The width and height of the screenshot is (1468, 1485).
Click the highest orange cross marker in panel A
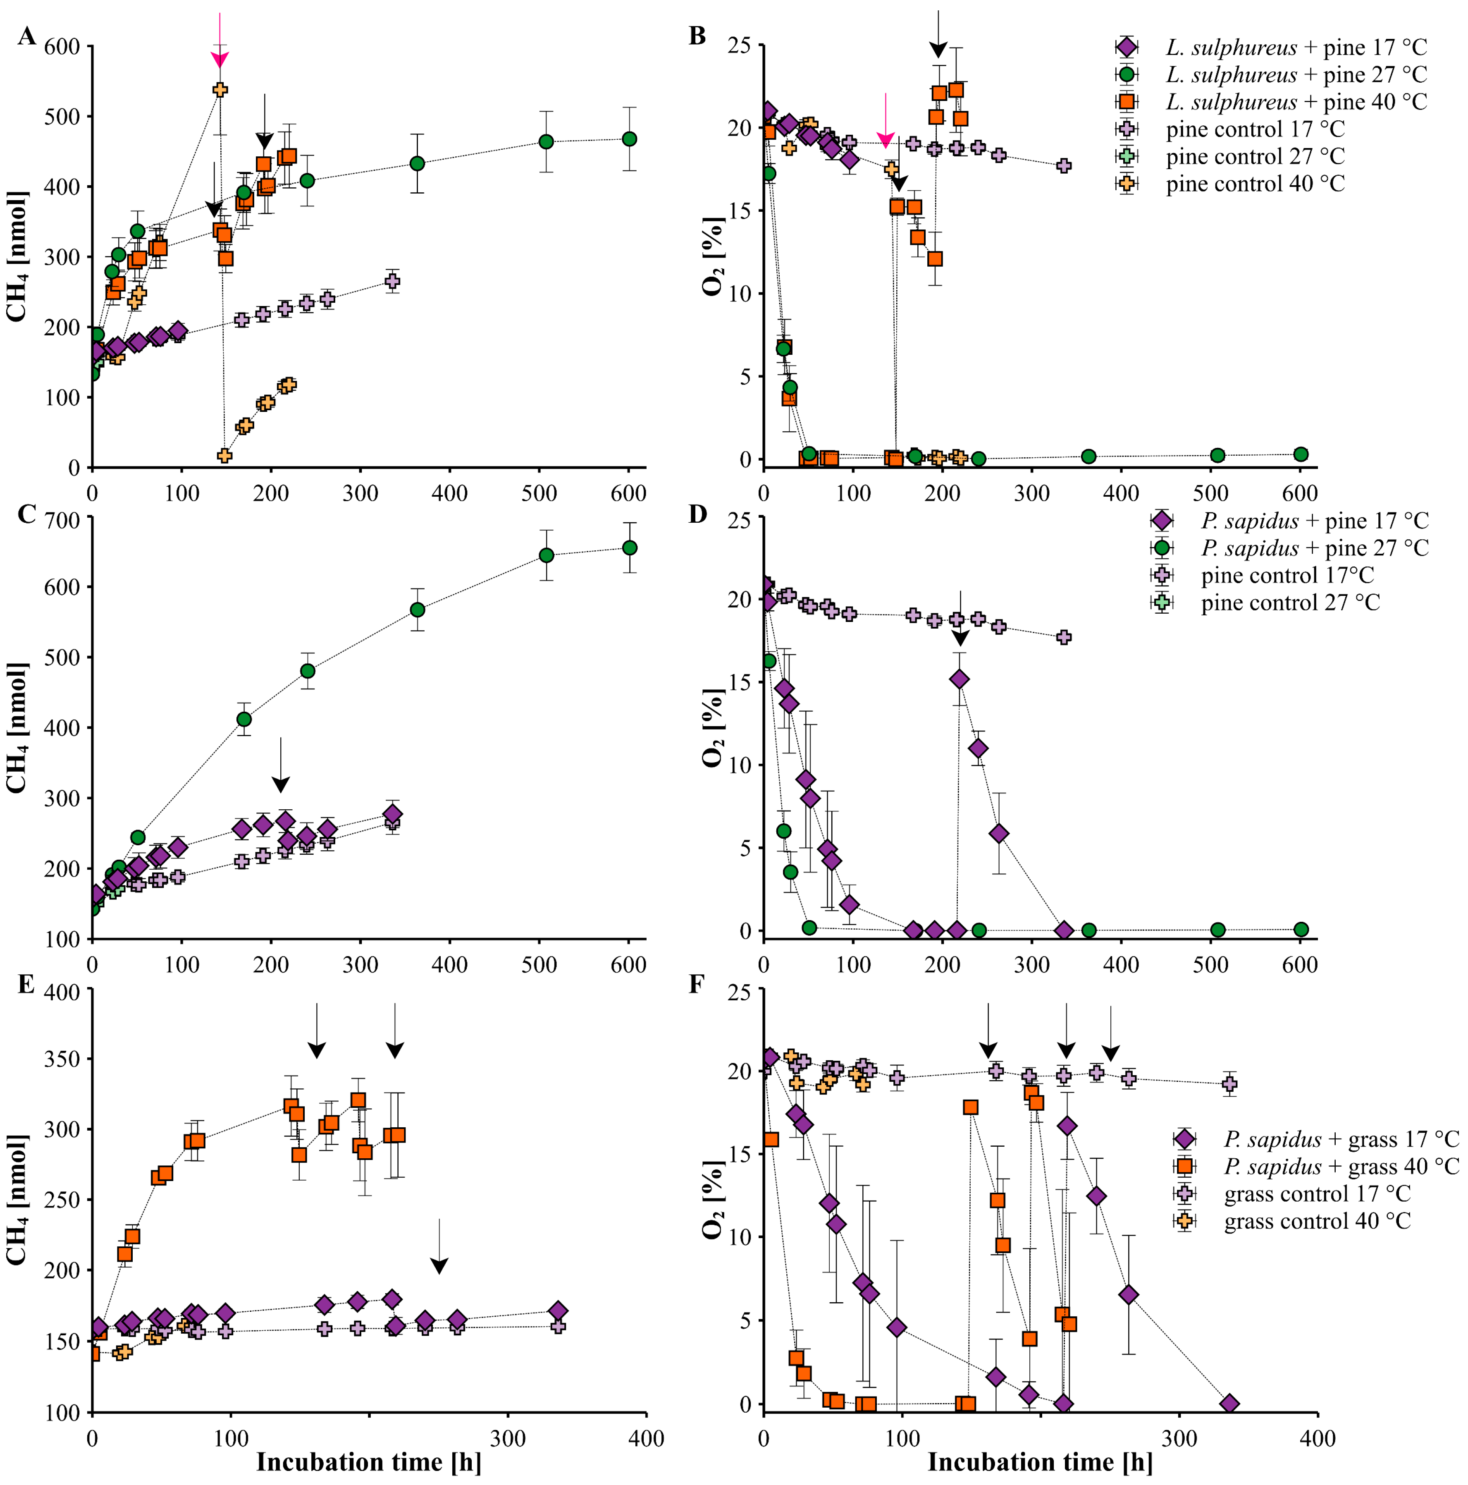pyautogui.click(x=220, y=89)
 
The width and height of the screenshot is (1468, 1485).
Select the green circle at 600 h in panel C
pyautogui.click(x=629, y=547)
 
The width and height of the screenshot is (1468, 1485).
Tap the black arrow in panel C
pyautogui.click(x=281, y=765)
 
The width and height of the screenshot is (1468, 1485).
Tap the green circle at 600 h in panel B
pyautogui.click(x=1301, y=454)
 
